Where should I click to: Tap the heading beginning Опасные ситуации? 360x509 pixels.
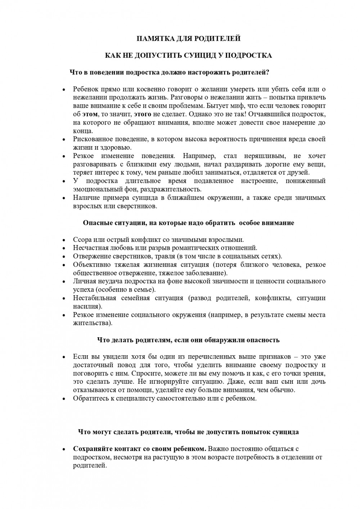pyautogui.click(x=188, y=223)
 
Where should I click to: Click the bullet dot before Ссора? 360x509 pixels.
pyautogui.click(x=64, y=240)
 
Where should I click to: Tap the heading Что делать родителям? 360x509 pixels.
pyautogui.click(x=188, y=340)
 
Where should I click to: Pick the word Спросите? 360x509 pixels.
pyautogui.click(x=145, y=373)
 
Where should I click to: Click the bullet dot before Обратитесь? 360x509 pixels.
pyautogui.click(x=64, y=399)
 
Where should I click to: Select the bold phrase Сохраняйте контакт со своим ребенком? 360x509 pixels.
pyautogui.click(x=139, y=449)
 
